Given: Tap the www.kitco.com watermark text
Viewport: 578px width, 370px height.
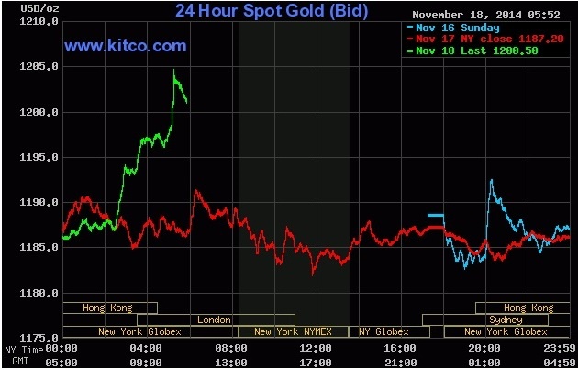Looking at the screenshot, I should tap(126, 45).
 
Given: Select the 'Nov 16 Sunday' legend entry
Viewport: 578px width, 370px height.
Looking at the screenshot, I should tap(455, 28).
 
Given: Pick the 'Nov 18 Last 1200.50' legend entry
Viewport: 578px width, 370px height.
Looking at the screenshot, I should tap(474, 51).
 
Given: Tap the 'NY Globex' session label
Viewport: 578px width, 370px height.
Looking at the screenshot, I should tap(383, 331).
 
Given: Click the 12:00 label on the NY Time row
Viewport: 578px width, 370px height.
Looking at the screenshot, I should tap(315, 349).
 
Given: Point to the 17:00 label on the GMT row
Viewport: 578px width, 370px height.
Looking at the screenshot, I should tap(315, 361).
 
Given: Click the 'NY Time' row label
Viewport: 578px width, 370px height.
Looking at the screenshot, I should tap(23, 349).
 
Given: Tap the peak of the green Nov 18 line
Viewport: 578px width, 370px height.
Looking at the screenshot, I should tap(174, 71).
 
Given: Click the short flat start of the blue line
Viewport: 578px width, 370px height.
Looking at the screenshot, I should tap(435, 215).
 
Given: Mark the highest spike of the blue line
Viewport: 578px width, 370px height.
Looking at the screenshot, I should tap(491, 180).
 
